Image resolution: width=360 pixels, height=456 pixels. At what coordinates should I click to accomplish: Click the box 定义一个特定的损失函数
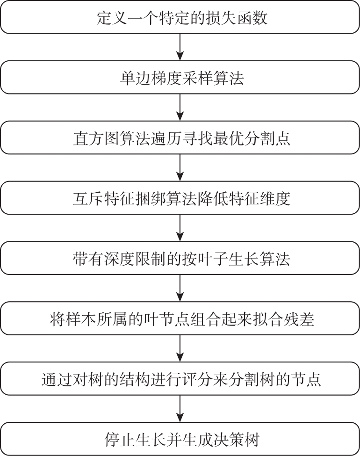coord(180,17)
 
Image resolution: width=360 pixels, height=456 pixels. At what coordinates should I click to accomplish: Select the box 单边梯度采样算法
coord(180,77)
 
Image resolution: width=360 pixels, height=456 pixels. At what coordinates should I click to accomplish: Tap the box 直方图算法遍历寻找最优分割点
coord(180,138)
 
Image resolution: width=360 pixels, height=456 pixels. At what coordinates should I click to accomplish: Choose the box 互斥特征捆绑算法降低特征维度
coord(180,198)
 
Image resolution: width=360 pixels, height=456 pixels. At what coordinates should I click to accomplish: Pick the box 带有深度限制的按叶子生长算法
coord(180,258)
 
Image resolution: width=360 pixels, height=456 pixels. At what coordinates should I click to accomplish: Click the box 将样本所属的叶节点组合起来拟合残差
coord(180,318)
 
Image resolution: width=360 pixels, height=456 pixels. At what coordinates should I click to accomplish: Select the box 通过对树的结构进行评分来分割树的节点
coord(180,378)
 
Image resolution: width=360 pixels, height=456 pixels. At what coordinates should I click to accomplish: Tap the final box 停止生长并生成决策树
coord(180,439)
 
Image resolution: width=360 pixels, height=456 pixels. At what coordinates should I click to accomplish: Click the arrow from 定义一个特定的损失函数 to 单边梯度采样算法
coord(180,47)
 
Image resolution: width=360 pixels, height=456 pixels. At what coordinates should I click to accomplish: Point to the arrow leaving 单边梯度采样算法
coord(180,107)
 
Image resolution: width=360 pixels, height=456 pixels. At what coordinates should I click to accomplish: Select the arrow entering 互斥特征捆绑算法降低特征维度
coord(180,167)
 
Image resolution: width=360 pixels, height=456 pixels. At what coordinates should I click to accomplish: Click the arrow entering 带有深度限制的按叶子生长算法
coord(180,228)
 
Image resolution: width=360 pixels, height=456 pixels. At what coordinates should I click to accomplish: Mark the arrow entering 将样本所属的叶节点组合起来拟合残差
coord(180,288)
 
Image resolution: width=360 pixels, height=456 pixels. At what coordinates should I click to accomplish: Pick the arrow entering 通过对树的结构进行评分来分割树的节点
coord(180,348)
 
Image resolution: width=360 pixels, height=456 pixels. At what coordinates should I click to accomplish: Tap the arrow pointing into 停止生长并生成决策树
coord(180,409)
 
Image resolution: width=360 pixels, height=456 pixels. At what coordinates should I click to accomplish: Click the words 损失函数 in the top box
coord(236,18)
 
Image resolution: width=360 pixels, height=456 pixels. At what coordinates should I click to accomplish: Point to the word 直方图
coord(96,138)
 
